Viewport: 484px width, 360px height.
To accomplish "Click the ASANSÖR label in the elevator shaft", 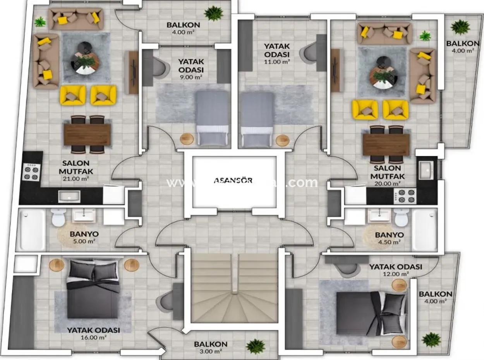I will [233, 180].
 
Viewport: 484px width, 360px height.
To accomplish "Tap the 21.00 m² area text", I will [76, 178].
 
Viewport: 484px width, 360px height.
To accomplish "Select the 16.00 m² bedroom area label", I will [93, 337].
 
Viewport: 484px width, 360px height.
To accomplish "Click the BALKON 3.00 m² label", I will [211, 347].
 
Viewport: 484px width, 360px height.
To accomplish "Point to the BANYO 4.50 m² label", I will [389, 238].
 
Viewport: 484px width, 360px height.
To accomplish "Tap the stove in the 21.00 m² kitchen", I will [31, 171].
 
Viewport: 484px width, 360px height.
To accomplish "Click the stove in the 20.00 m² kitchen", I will [405, 196].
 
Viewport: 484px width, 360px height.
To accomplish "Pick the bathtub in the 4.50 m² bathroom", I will [424, 229].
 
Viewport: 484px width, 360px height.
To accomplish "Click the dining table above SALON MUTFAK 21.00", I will [87, 134].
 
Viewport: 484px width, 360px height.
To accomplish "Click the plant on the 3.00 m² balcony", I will [256, 346].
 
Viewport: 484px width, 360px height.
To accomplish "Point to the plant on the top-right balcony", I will [460, 27].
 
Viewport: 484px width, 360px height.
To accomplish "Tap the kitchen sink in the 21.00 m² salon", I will [69, 196].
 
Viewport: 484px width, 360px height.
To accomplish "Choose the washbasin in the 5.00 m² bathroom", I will [84, 215].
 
